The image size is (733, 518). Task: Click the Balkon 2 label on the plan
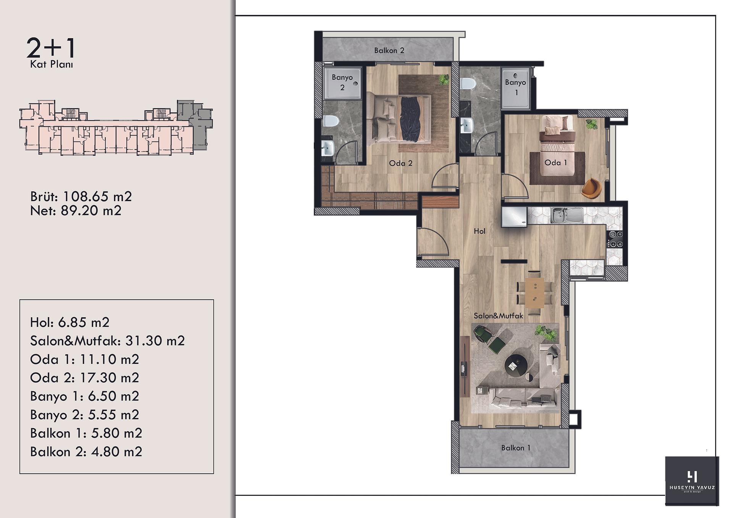[389, 50]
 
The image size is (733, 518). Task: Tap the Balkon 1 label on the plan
[516, 448]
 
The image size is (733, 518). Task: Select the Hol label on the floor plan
[480, 231]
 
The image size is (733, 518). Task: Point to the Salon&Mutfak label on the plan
[498, 316]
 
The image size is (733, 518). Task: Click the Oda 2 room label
[400, 163]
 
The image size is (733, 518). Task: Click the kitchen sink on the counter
[567, 215]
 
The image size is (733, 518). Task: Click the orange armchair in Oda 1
[591, 188]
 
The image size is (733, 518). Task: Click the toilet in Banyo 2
[331, 121]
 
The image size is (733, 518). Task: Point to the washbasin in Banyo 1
[467, 125]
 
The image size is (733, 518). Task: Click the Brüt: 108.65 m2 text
[81, 197]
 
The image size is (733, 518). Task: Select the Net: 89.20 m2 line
[76, 211]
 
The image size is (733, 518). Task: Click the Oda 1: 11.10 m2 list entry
[84, 359]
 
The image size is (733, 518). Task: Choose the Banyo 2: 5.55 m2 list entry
[84, 415]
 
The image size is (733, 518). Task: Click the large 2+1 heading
[51, 48]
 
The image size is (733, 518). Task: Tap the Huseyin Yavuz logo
[692, 481]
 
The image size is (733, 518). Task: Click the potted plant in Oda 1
[592, 124]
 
